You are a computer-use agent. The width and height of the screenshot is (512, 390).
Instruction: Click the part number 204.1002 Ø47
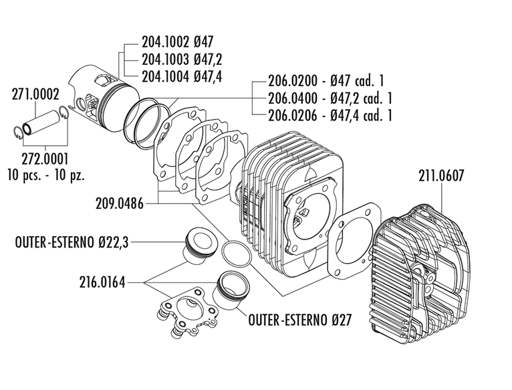177,42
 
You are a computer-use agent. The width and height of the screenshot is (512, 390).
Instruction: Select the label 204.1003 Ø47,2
182,60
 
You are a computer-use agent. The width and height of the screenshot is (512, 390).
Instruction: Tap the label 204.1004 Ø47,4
182,77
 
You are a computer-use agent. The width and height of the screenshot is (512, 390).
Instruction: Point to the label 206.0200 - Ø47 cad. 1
326,80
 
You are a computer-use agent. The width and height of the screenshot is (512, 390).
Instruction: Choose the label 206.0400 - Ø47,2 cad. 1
330,98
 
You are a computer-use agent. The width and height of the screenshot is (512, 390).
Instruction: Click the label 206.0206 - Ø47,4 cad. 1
330,115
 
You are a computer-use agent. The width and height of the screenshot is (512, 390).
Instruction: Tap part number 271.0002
35,94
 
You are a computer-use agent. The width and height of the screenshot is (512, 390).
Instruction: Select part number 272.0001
45,159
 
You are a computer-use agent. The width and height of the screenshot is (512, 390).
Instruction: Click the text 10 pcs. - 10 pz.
46,175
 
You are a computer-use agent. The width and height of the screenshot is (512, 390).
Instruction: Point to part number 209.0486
120,203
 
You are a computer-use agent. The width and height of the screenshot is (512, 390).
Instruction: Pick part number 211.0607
441,176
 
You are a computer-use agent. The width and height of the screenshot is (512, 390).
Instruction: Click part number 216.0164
102,282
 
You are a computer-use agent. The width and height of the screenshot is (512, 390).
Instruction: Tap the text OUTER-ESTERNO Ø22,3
72,243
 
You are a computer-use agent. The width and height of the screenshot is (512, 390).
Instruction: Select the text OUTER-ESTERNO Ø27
299,320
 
